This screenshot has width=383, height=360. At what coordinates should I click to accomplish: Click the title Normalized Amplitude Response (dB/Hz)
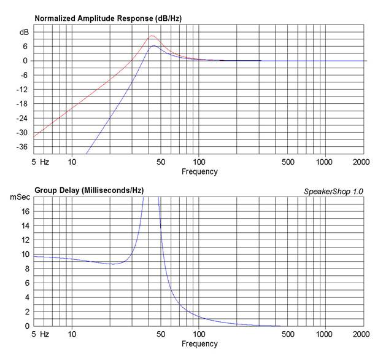click(108, 18)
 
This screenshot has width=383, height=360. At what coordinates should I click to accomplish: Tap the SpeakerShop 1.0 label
click(333, 192)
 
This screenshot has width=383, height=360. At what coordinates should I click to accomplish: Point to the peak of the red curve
click(152, 36)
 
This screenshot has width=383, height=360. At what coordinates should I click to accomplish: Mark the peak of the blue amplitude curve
click(154, 45)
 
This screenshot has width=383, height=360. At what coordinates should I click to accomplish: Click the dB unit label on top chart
click(24, 32)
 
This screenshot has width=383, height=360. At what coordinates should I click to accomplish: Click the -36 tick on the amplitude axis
click(23, 147)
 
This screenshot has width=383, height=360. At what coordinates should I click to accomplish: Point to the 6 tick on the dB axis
click(26, 47)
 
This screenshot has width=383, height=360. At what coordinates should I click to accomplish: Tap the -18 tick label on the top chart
click(23, 104)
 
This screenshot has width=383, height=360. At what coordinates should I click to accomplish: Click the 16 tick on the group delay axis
click(25, 211)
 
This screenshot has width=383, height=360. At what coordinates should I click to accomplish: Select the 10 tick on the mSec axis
click(25, 254)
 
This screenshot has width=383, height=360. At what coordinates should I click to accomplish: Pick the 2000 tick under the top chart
click(362, 162)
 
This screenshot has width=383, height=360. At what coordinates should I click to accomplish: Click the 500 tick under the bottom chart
click(286, 335)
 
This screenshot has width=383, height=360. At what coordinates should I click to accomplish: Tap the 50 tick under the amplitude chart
click(160, 162)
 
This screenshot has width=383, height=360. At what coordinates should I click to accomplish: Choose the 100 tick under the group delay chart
click(199, 335)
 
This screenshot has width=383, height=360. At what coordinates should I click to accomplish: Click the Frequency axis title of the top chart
click(199, 171)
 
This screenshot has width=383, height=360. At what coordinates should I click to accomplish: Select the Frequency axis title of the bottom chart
click(199, 344)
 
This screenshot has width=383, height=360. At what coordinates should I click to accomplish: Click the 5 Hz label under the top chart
click(40, 162)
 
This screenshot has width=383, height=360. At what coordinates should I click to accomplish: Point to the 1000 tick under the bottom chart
click(325, 335)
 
